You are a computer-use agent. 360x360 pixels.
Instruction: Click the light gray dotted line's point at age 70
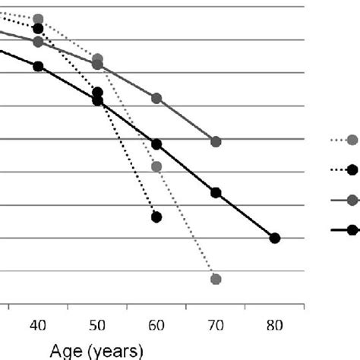point(216,279)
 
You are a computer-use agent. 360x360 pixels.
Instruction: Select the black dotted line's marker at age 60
point(156,217)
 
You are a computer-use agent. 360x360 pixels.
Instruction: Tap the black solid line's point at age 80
point(275,238)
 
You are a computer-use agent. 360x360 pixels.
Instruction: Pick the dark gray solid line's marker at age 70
point(216,142)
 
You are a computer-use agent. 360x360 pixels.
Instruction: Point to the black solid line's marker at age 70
point(216,193)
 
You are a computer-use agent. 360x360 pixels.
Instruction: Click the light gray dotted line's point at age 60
point(156,166)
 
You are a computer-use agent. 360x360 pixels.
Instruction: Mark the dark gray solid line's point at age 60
point(156,99)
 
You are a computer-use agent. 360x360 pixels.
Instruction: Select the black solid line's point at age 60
point(156,144)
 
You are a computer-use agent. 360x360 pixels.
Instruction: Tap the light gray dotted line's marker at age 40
point(38,19)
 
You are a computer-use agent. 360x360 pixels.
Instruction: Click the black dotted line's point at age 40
point(38,29)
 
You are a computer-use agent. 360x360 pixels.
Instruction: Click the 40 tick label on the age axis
point(38,325)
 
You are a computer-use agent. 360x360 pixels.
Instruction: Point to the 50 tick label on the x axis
point(97,325)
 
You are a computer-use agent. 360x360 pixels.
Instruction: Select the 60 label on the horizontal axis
point(156,325)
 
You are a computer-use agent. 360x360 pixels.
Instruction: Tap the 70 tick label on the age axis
point(216,325)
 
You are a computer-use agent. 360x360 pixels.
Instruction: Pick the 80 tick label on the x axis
point(275,325)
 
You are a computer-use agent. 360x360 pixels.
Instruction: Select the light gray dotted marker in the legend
point(352,139)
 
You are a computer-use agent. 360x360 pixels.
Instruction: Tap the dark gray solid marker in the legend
point(352,200)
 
